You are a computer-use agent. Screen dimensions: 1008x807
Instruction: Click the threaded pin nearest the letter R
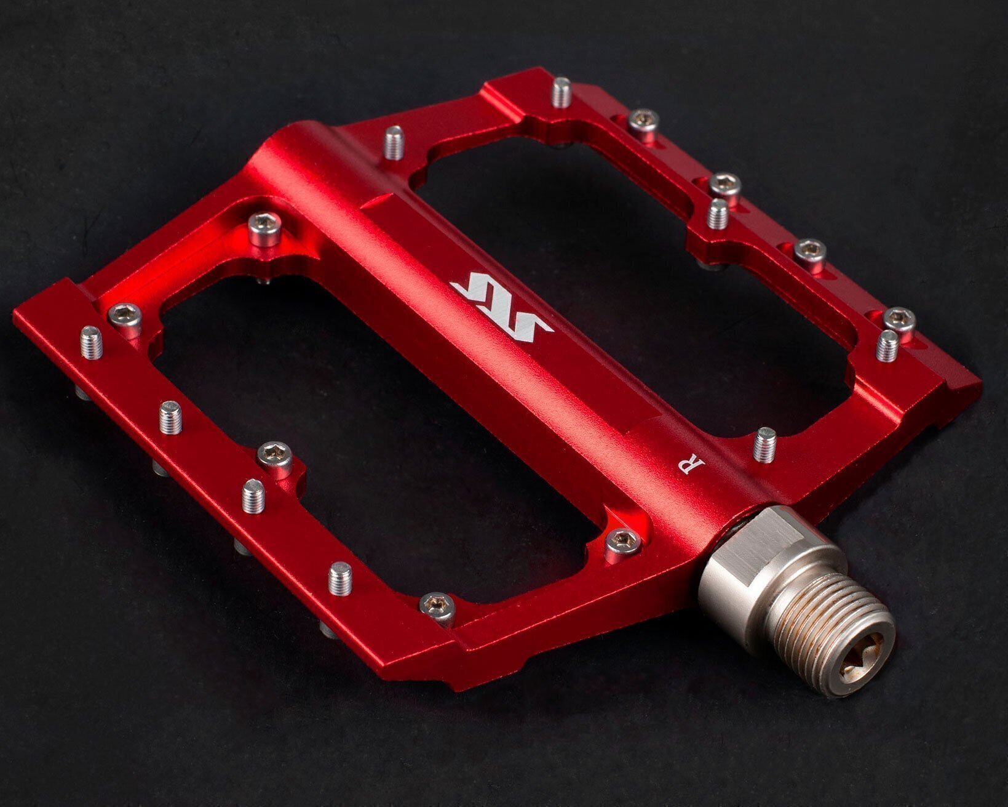tap(765, 444)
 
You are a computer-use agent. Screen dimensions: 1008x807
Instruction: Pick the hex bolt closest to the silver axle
tap(624, 545)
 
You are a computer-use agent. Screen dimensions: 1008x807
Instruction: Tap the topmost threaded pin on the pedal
tap(562, 92)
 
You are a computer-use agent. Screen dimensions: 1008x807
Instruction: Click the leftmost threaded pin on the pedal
tap(92, 342)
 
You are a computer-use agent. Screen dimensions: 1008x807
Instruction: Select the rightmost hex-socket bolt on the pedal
tap(899, 321)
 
